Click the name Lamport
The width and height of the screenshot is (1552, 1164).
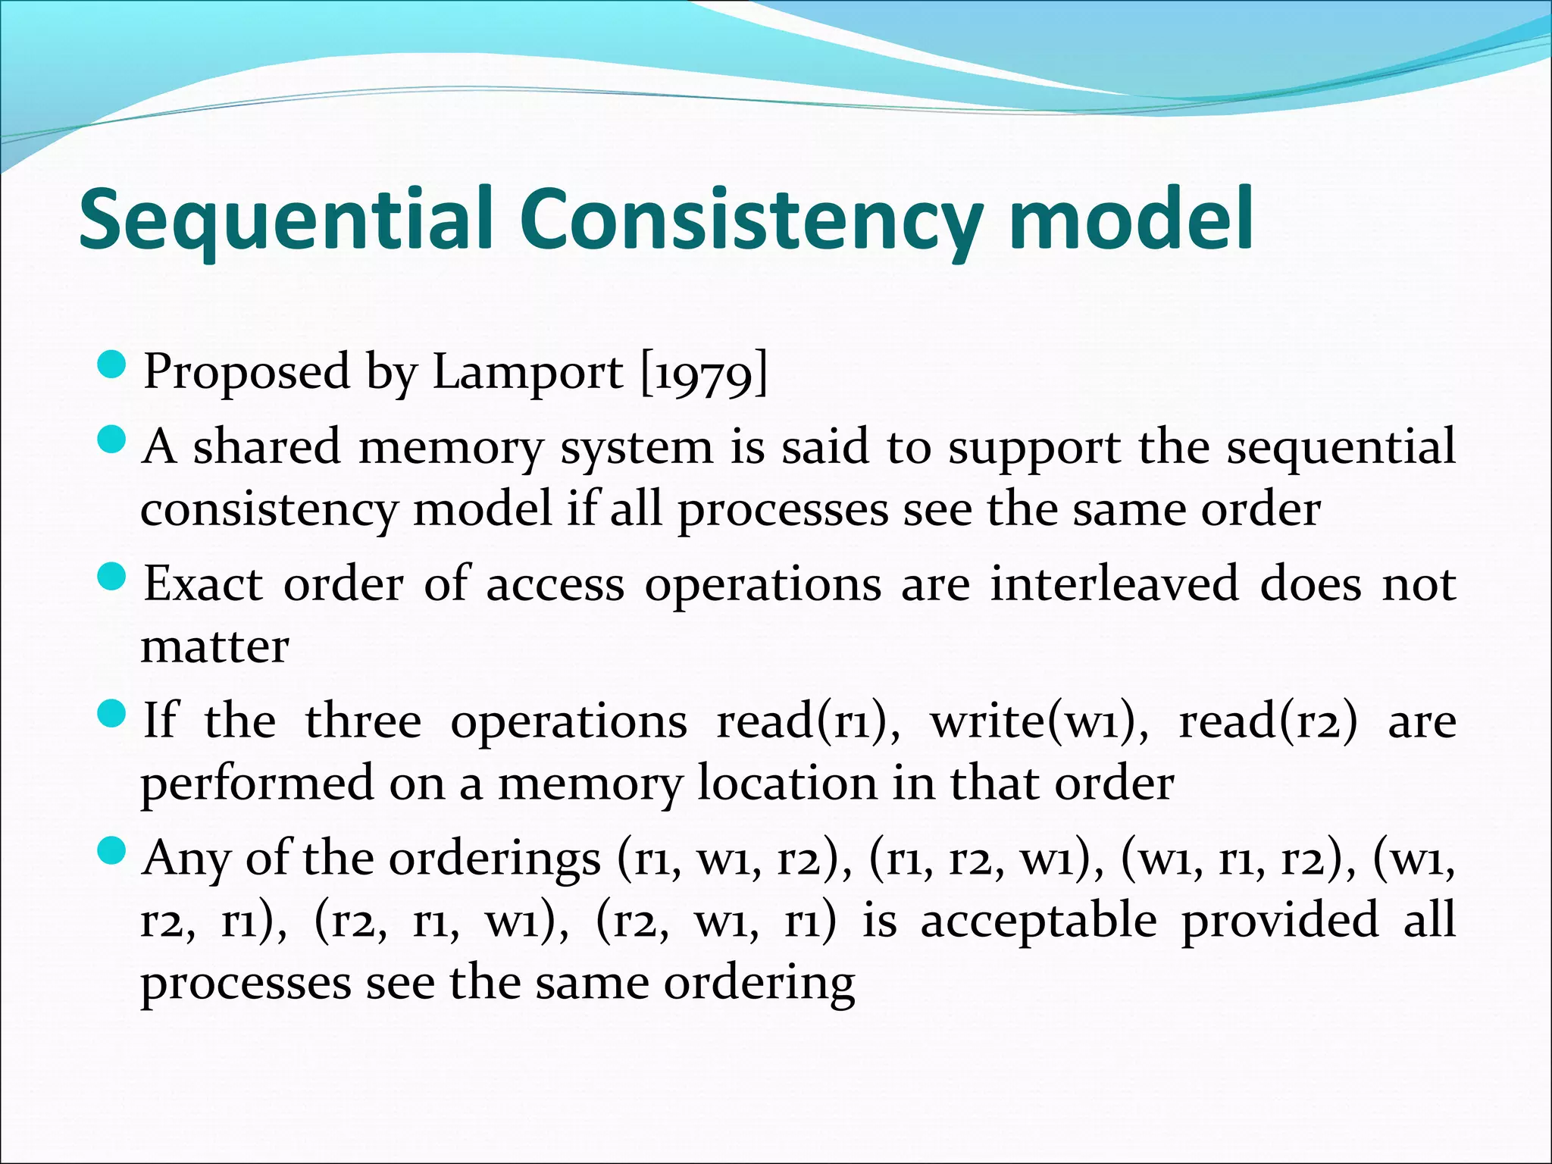[527, 373]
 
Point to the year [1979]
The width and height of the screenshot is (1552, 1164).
[704, 373]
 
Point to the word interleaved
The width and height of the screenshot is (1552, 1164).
[1115, 584]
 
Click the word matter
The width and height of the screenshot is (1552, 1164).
[215, 647]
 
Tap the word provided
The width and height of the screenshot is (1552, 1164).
[1280, 920]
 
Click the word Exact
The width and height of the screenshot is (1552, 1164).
[203, 584]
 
